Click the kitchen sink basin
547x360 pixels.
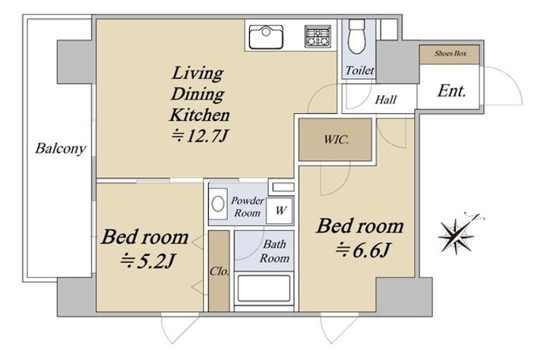pos(266,37)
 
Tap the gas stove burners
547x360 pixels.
pos(318,36)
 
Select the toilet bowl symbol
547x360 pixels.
pos(357,36)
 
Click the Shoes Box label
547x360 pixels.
pos(451,54)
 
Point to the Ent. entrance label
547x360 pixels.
pos(452,91)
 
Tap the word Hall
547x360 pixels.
pos(385,100)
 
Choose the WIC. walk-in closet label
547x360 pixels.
pos(336,140)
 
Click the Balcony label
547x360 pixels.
pos(60,149)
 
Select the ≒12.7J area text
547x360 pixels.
pos(200,136)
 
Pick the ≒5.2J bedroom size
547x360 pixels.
pos(147,261)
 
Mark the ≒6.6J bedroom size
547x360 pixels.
pos(362,250)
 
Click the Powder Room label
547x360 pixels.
pos(248,207)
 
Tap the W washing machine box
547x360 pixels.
pos(280,210)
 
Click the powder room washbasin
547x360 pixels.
pos(218,204)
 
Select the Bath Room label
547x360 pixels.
pos(274,251)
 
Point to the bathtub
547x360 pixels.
pos(264,289)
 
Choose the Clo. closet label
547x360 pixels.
pos(220,271)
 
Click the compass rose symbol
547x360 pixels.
pos(457,235)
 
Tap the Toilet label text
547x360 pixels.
pos(359,71)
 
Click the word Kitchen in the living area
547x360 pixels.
pos(200,115)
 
